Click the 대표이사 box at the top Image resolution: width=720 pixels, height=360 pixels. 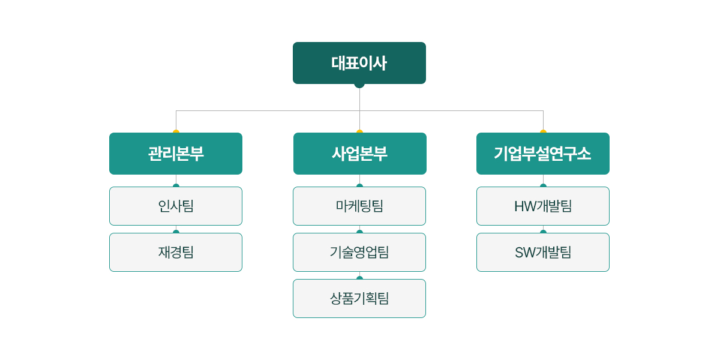359,63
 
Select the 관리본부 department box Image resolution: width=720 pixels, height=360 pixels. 176,154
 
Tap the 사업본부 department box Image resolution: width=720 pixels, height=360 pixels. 359,154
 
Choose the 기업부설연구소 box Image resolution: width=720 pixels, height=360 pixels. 543,154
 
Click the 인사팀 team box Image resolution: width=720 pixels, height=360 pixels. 176,206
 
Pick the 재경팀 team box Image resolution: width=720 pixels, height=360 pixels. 176,253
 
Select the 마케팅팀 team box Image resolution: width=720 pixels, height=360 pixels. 359,206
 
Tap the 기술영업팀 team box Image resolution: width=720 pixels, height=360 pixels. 359,253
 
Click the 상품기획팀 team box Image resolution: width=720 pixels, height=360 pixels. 359,299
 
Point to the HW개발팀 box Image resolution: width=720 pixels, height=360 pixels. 543,206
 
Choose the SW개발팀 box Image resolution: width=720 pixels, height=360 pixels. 543,253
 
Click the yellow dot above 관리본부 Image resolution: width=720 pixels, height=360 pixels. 176,131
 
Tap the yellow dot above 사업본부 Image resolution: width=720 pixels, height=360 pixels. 359,131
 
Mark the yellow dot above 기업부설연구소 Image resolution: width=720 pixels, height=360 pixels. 543,131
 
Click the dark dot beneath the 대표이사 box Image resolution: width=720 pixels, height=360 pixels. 359,85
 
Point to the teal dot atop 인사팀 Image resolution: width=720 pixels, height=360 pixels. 176,185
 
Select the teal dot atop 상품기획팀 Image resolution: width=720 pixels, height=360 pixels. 359,278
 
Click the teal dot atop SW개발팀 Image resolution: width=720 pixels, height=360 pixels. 543,232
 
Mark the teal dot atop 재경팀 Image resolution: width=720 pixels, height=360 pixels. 176,232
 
